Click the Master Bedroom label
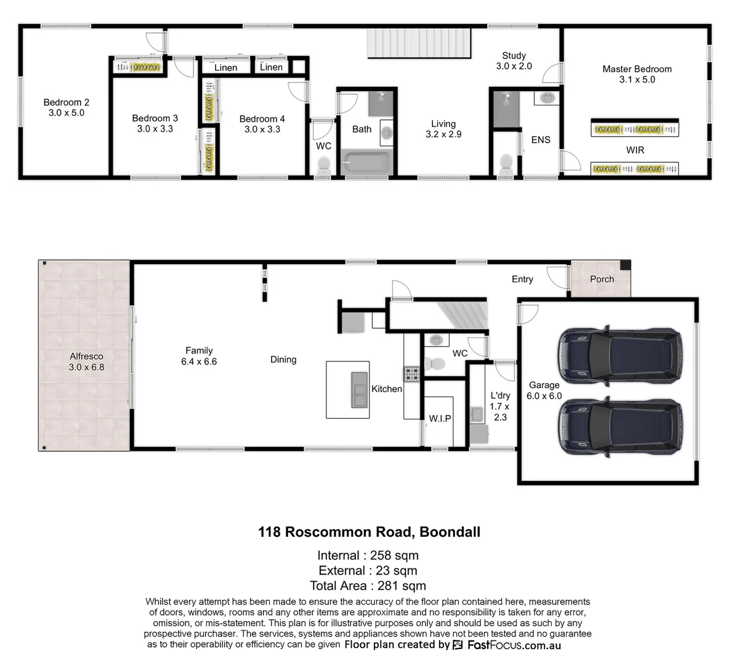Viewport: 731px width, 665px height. click(x=637, y=69)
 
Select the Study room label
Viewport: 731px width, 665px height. click(x=514, y=55)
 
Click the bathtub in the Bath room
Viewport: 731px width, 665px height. click(x=365, y=162)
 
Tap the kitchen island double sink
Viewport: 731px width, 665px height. click(x=359, y=390)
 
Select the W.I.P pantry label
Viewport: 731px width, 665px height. click(x=440, y=418)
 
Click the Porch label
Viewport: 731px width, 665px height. click(x=602, y=279)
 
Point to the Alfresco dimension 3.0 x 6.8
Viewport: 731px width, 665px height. click(x=86, y=367)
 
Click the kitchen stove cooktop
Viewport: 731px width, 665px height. click(x=411, y=373)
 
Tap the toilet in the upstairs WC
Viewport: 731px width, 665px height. click(x=323, y=165)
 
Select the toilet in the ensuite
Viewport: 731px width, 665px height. click(x=506, y=164)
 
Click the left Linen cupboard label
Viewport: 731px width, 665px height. click(x=225, y=68)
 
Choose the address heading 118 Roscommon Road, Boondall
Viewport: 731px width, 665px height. click(x=369, y=532)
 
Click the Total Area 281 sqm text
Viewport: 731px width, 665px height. click(x=368, y=586)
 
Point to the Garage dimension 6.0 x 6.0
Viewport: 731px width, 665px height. click(x=544, y=396)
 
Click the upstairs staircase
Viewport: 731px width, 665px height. click(x=420, y=42)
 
